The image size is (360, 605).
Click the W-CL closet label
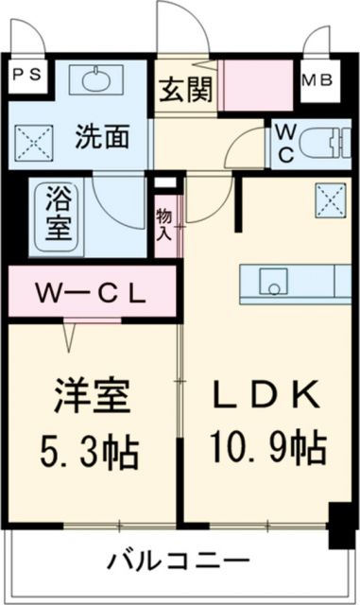point(92,292)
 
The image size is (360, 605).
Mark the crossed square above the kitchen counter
point(330,199)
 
